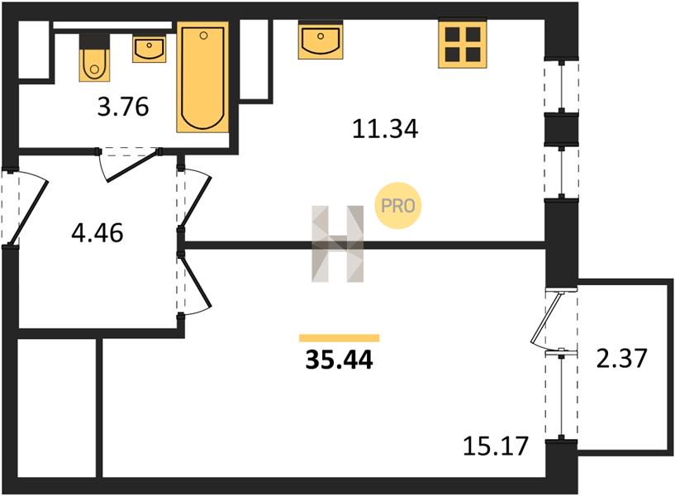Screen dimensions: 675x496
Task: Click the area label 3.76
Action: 123,107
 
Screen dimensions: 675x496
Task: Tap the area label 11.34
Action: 385,129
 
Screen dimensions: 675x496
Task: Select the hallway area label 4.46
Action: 97,233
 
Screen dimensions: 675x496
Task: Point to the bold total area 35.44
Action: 340,360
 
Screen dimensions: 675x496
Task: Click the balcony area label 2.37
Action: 621,358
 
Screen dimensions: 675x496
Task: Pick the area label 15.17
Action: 496,446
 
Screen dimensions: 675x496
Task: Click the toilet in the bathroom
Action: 94,57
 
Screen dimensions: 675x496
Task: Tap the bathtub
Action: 202,77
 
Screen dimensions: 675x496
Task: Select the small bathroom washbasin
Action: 150,50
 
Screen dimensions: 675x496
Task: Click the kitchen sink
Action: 321,40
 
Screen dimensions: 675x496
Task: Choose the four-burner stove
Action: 463,45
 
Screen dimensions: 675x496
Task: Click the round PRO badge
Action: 398,206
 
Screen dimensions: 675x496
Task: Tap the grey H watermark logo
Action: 337,244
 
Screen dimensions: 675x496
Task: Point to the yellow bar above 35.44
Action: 340,338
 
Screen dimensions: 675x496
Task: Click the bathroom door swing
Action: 129,165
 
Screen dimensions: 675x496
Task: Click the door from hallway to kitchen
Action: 195,198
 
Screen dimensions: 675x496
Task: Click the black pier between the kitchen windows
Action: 561,129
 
